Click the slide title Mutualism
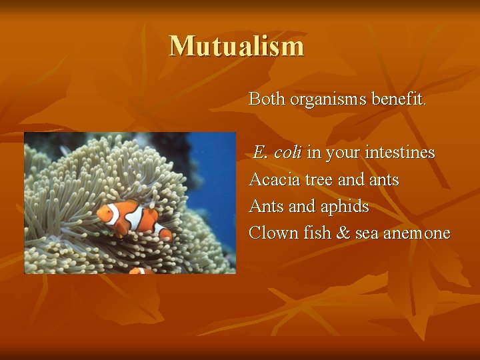237,46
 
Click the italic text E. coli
277,153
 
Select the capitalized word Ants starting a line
265,206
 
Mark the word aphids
345,207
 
